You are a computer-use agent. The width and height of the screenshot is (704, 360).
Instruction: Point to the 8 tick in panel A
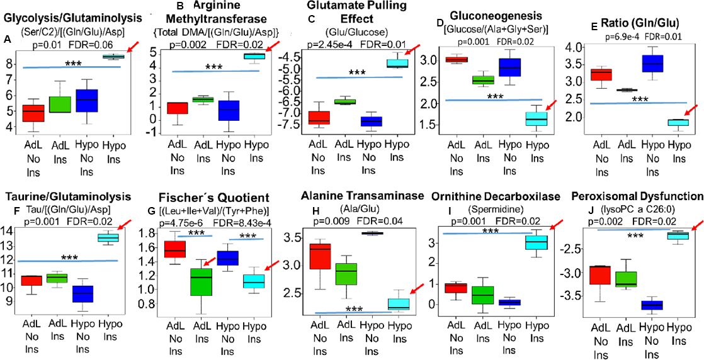click(x=11, y=64)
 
